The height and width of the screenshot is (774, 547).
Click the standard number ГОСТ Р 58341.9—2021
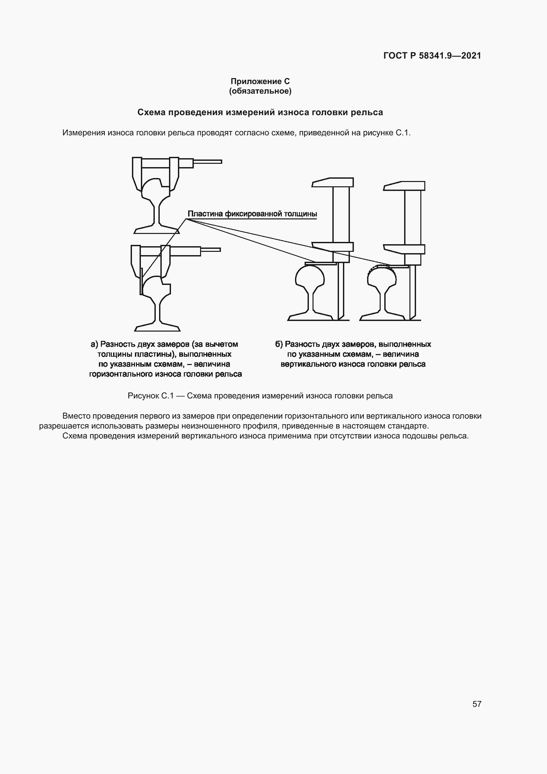click(x=432, y=56)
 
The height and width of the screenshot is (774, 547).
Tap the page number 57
click(x=477, y=704)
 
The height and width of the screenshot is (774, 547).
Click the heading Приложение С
click(x=260, y=81)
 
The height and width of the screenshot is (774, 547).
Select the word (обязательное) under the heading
click(x=260, y=91)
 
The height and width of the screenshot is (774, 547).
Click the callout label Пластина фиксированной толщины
click(x=252, y=214)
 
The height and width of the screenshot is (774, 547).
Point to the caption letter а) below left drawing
click(x=94, y=344)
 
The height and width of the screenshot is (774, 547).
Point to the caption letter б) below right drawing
click(x=278, y=344)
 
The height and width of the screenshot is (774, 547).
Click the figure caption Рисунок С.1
click(x=150, y=396)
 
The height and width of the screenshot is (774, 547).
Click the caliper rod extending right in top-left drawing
click(x=207, y=162)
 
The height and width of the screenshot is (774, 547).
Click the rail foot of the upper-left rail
click(x=156, y=230)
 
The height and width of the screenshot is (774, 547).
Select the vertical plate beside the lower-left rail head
click(x=141, y=282)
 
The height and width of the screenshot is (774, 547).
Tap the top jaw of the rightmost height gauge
click(x=404, y=186)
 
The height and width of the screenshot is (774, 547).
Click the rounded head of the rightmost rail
click(x=381, y=278)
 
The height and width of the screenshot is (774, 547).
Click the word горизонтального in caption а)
click(x=122, y=374)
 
